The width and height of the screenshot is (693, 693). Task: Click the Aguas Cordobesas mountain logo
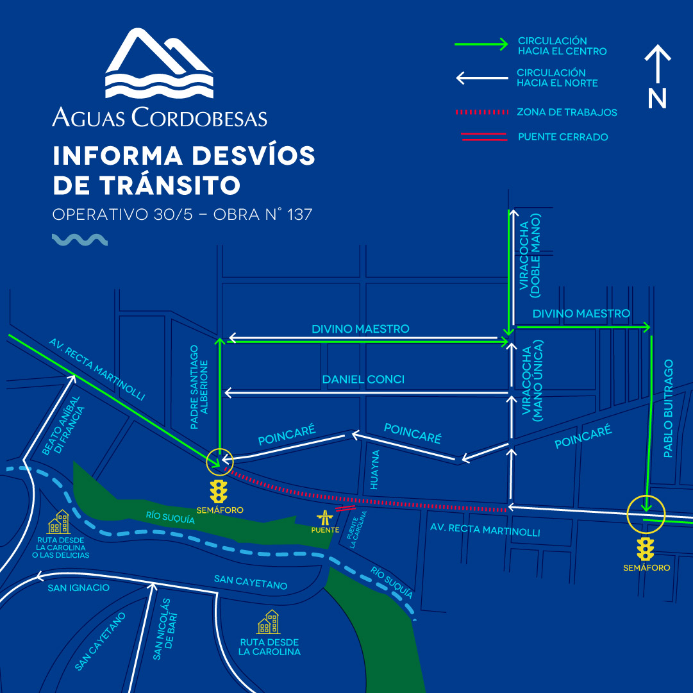[x=159, y=63]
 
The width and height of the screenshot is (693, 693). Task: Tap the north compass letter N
[x=657, y=98]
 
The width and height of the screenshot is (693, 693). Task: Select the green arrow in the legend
[x=481, y=44]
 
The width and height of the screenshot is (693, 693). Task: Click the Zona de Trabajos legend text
[x=567, y=112]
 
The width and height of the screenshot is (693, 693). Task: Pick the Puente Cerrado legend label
[x=563, y=137]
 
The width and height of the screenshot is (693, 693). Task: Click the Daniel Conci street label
[x=363, y=380]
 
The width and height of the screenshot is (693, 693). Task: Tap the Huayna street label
[x=376, y=470]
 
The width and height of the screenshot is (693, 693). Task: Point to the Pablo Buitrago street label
[x=668, y=408]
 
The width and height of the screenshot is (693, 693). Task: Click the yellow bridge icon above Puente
[x=326, y=516]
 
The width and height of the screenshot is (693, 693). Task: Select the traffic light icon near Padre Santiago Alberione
[x=219, y=490]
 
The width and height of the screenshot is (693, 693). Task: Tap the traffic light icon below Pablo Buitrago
[x=645, y=549]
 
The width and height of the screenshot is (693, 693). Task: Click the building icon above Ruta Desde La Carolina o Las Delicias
[x=62, y=522]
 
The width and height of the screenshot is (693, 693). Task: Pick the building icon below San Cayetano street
[x=269, y=622]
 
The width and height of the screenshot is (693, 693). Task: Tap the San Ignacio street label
[x=78, y=588]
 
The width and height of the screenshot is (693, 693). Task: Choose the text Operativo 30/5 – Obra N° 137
[x=182, y=214]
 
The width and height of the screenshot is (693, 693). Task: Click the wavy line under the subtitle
[x=79, y=240]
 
